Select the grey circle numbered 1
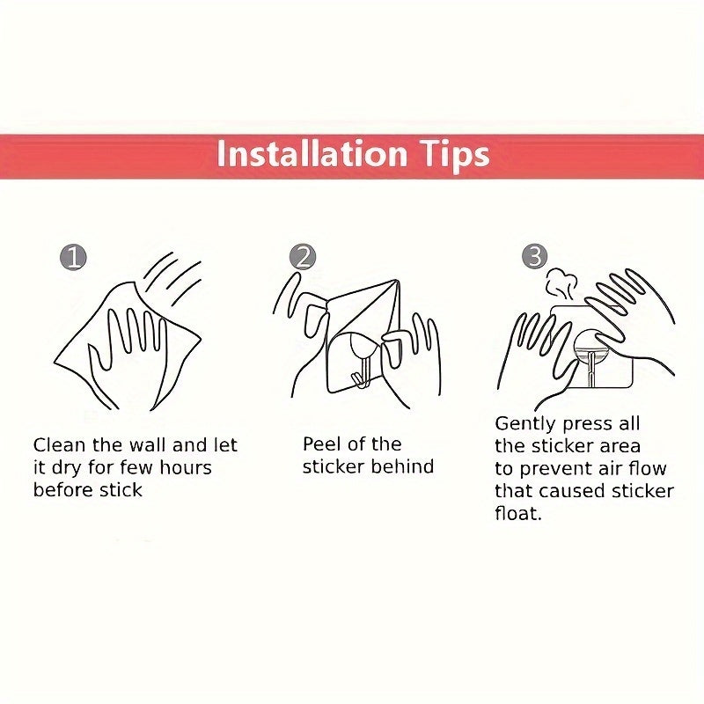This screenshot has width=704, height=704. [x=73, y=257]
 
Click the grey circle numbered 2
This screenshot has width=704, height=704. [x=302, y=257]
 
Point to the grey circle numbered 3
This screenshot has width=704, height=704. [x=534, y=257]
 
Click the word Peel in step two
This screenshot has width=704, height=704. [x=322, y=444]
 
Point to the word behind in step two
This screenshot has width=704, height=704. [x=400, y=466]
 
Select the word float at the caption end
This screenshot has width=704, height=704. [x=517, y=513]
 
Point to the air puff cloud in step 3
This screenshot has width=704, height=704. [x=560, y=283]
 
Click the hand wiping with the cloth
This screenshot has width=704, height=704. [x=128, y=343]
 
